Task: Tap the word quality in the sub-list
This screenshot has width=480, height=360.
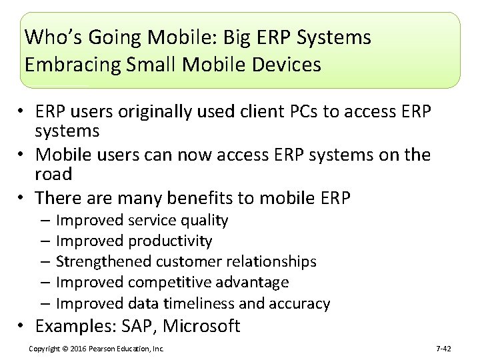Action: coord(204,221)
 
